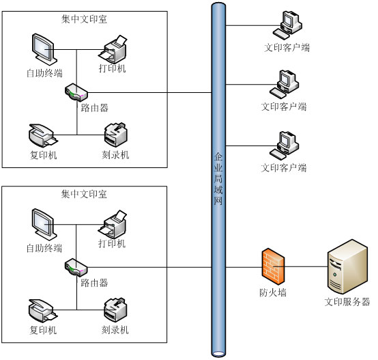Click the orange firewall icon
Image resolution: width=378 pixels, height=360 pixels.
273,266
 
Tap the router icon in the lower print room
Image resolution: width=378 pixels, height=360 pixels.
76,268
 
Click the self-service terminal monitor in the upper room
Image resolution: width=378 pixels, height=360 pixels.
44,49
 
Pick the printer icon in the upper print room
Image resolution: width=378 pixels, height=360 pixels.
113,49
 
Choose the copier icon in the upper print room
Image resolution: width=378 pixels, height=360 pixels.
43,136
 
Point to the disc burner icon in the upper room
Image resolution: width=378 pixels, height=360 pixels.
116,135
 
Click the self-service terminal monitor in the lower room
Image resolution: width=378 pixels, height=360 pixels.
44,224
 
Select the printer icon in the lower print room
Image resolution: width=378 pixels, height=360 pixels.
113,224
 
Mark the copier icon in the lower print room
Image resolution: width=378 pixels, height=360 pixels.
43,311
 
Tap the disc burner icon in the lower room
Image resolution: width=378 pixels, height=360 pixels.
115,310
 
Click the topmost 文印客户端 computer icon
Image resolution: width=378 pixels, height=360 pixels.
287,25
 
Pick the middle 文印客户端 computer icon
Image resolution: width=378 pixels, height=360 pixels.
285,85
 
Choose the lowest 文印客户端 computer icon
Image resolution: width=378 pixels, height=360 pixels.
285,146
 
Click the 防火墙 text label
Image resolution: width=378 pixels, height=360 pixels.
273,292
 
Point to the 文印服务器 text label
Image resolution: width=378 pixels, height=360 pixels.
347,302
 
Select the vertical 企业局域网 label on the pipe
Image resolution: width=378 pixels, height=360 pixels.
218,179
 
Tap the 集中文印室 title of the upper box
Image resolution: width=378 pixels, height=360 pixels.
84,19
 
